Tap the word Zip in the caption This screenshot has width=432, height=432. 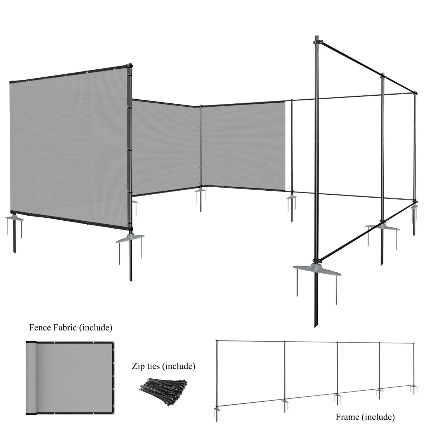pyautogui.click(x=138, y=366)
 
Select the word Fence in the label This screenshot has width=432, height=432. pyautogui.click(x=40, y=328)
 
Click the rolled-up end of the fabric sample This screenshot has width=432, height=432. pyautogui.click(x=31, y=377)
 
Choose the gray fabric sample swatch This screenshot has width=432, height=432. pyautogui.click(x=70, y=377)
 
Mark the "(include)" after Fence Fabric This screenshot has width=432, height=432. pyautogui.click(x=96, y=328)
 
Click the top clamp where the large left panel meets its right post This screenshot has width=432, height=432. pyautogui.click(x=130, y=66)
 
